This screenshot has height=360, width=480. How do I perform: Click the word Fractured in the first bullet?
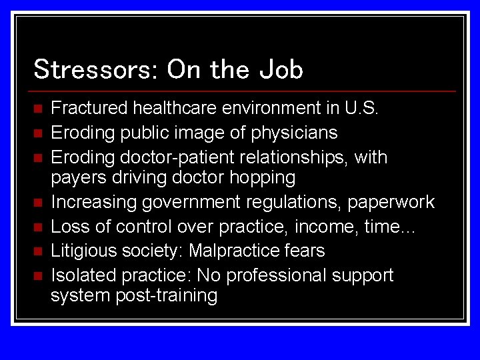[89, 108]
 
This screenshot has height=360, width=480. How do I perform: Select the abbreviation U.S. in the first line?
[361, 108]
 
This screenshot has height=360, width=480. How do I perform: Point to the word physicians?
[294, 133]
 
